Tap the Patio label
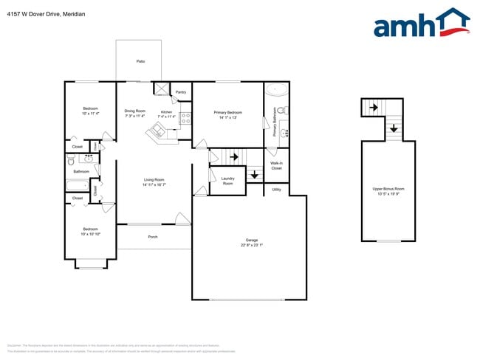click(140, 61)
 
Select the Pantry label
click(181, 92)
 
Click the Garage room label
click(252, 240)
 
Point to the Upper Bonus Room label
click(388, 190)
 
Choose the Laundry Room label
click(227, 181)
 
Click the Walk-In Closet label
click(276, 165)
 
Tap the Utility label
click(276, 190)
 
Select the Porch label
click(153, 237)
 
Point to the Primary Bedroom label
click(228, 112)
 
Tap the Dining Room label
click(134, 111)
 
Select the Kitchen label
click(167, 112)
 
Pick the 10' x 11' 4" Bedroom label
click(90, 108)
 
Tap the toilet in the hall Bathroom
click(71, 159)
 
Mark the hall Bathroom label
click(81, 172)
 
